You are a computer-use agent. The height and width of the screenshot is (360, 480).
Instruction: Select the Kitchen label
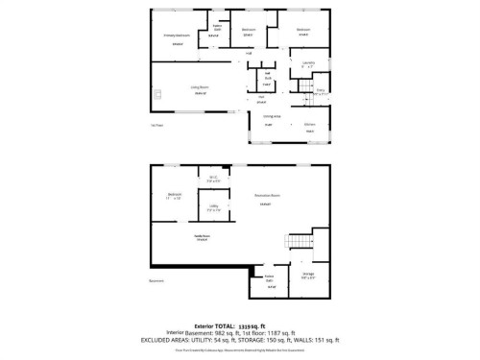(x=310, y=124)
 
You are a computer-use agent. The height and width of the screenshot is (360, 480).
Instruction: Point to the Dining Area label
(x=271, y=116)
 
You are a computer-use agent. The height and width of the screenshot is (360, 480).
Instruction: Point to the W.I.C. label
(x=212, y=177)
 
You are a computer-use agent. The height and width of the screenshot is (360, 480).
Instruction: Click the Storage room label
(x=307, y=272)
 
